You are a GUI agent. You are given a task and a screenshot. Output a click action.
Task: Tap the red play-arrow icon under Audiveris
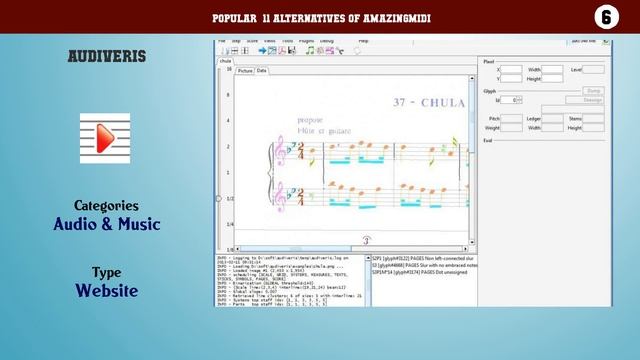(x=105, y=138)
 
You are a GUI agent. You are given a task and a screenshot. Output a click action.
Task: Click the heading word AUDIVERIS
(x=105, y=57)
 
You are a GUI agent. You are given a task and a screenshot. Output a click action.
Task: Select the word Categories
(x=105, y=205)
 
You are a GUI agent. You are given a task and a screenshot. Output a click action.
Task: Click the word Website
(x=105, y=290)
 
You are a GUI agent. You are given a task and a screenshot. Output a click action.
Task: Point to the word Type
(x=105, y=272)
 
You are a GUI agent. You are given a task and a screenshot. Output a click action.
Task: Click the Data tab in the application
(x=262, y=71)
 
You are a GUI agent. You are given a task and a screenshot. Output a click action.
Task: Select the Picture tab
(x=245, y=71)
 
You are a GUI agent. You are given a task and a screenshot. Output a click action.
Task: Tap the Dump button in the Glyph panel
(x=593, y=90)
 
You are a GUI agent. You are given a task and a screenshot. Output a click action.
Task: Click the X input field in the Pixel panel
(x=510, y=69)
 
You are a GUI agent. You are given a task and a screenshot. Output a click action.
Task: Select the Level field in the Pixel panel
(x=593, y=69)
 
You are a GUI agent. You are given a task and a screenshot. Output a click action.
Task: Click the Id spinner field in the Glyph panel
(x=511, y=100)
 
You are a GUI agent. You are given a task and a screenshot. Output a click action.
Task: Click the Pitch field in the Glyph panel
(x=510, y=118)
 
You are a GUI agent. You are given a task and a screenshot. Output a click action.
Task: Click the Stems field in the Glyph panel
(x=593, y=118)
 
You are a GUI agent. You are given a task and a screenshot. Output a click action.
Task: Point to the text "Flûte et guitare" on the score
(x=318, y=131)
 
